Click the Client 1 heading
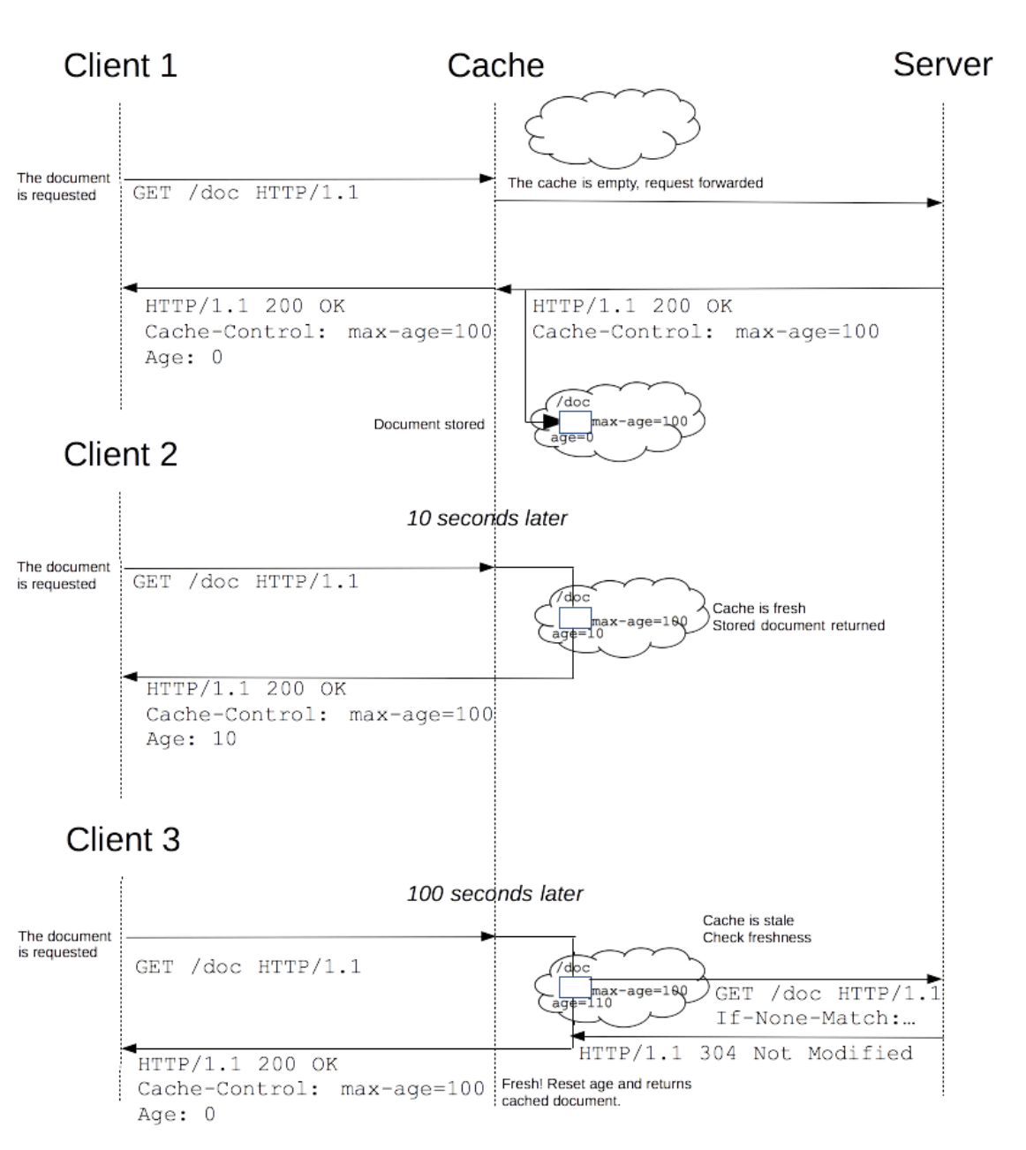120,65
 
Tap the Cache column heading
495,65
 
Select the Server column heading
942,64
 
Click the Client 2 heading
120,454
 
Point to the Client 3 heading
123,839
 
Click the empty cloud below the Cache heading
612,127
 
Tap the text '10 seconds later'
487,518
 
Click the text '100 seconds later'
494,894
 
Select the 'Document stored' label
429,425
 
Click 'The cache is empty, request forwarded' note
635,183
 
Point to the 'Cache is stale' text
748,920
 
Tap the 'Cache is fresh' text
758,608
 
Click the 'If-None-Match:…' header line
815,1018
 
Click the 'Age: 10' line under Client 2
192,739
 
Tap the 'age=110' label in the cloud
581,1003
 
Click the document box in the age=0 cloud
575,421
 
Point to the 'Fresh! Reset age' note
597,1084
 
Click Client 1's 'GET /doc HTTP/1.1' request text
245,193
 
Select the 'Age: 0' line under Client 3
176,1115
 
